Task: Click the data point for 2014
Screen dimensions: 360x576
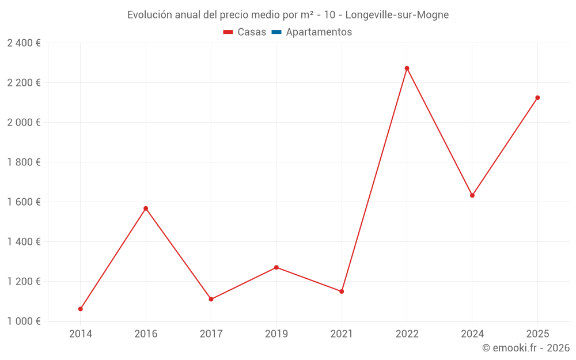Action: [x=81, y=309]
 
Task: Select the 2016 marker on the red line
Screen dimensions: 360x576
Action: [x=146, y=208]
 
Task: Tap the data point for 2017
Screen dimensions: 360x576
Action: [x=211, y=299]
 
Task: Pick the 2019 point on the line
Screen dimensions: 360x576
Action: [x=276, y=267]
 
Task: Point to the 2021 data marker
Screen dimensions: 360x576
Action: [x=342, y=291]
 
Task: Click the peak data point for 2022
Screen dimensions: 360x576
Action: [x=407, y=68]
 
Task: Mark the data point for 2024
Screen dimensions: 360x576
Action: [x=472, y=195]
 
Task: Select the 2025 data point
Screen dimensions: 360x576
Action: [x=537, y=97]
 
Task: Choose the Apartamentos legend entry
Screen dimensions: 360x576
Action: [x=319, y=32]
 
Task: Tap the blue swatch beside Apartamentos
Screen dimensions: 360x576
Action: [x=276, y=32]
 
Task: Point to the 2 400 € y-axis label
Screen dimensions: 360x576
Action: [x=24, y=43]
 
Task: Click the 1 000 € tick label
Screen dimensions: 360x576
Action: [x=24, y=321]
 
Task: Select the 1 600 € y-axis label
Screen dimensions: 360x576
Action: [x=24, y=202]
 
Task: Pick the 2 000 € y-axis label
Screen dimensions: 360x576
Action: [x=24, y=122]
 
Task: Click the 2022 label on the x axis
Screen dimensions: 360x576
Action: [x=407, y=334]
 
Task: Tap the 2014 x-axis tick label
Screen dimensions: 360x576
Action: [x=81, y=334]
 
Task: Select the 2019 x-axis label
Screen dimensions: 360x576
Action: [x=276, y=334]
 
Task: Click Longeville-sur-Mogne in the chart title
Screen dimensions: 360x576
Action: [x=397, y=15]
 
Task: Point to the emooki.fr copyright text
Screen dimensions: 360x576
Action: [x=526, y=347]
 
